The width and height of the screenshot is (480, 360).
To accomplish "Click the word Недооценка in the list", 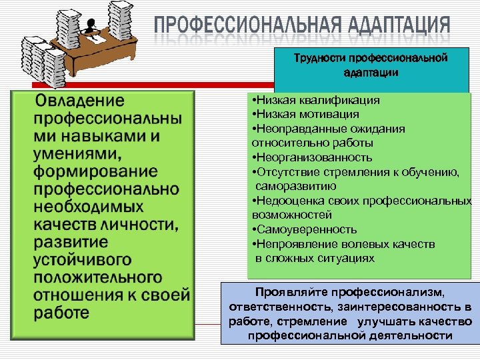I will [285, 201].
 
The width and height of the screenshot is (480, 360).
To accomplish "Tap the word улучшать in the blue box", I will [386, 321].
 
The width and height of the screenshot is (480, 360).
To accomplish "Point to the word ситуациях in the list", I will [351, 258].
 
